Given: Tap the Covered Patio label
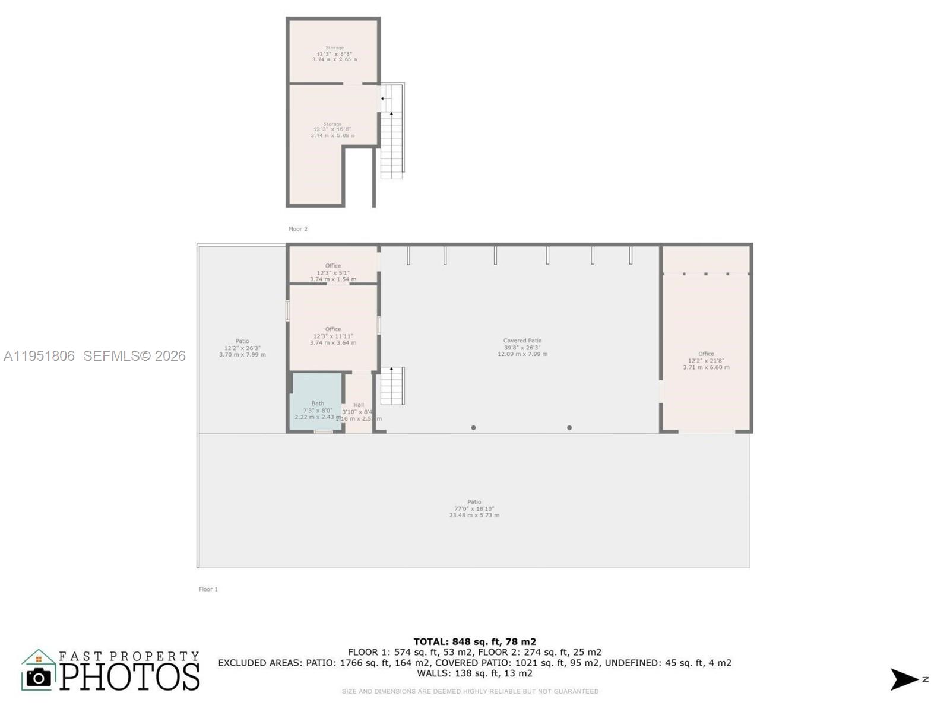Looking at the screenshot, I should tap(522, 347).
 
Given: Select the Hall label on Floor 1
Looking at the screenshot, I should tap(359, 405).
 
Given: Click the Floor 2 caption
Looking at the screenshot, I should tap(298, 229).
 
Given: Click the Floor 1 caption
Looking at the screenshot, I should tap(208, 589).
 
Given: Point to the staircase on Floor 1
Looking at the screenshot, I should tap(392, 386).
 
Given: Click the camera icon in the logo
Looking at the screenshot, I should tap(39, 678).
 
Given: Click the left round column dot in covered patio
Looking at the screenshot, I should tap(473, 428).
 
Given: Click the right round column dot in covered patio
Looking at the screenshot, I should tap(569, 428).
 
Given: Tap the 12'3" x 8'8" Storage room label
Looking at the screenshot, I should tap(334, 53).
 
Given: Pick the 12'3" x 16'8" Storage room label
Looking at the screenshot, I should tap(332, 130).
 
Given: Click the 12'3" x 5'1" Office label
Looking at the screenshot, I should tap(333, 272).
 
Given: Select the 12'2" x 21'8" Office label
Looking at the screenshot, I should tap(706, 360).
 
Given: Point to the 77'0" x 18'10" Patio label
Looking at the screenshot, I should tap(474, 508).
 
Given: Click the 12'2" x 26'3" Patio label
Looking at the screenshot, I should tap(242, 348).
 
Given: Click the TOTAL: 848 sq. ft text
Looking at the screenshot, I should tap(474, 641).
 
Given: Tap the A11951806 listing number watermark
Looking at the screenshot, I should tap(39, 356).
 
